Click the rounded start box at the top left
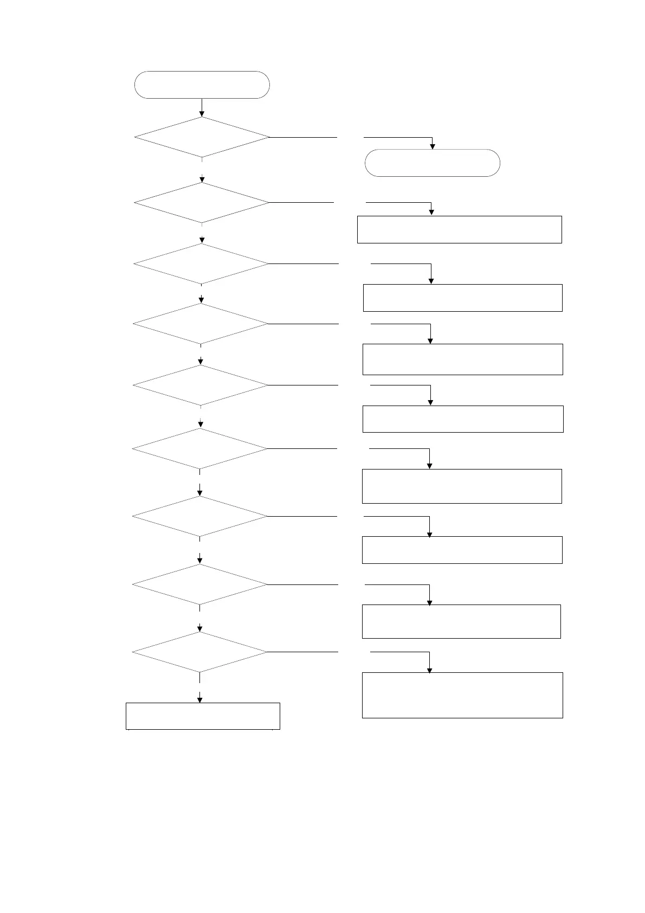pyautogui.click(x=202, y=85)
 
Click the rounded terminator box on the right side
pyautogui.click(x=432, y=163)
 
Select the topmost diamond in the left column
pyautogui.click(x=202, y=137)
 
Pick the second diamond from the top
pyautogui.click(x=202, y=203)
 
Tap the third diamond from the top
pyautogui.click(x=201, y=263)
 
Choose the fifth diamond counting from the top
pyautogui.click(x=201, y=385)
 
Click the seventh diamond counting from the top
pyautogui.click(x=200, y=517)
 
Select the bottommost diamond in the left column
pyautogui.click(x=200, y=652)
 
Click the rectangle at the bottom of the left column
pyautogui.click(x=203, y=716)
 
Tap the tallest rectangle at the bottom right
pyautogui.click(x=462, y=695)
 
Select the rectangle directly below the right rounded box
pyautogui.click(x=459, y=229)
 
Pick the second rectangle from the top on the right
pyautogui.click(x=462, y=298)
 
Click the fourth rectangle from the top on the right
pyautogui.click(x=463, y=419)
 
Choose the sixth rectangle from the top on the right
pyautogui.click(x=462, y=550)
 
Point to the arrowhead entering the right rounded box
pyautogui.click(x=432, y=146)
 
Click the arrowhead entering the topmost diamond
pyautogui.click(x=202, y=114)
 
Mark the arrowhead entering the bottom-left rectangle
pyautogui.click(x=200, y=700)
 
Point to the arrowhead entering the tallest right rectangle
pyautogui.click(x=430, y=670)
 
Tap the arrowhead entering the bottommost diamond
pyautogui.click(x=200, y=629)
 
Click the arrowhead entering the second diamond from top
pyautogui.click(x=202, y=179)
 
